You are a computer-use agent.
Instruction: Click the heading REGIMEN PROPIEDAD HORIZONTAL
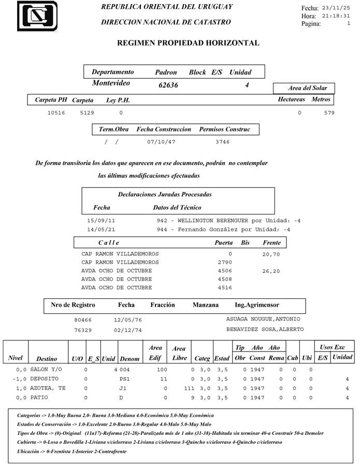[x=189, y=43]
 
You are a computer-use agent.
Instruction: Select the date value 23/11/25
[x=336, y=8]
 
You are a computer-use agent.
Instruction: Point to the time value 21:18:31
[x=336, y=16]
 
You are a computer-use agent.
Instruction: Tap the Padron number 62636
[x=168, y=85]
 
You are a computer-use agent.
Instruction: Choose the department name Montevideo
[x=111, y=83]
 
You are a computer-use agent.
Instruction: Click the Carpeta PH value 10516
[x=56, y=113]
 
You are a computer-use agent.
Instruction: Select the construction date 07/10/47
[x=161, y=141]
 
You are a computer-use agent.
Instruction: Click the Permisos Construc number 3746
[x=222, y=141]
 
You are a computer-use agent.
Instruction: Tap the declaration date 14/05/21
[x=101, y=229]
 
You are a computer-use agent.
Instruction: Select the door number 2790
[x=225, y=263]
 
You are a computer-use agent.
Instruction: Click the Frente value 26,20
[x=271, y=271]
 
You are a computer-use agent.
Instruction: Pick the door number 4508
[x=225, y=279]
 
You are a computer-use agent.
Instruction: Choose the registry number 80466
[x=83, y=321]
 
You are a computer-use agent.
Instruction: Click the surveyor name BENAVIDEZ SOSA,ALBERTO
[x=265, y=329]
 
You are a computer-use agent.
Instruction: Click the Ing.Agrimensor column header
[x=256, y=305]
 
